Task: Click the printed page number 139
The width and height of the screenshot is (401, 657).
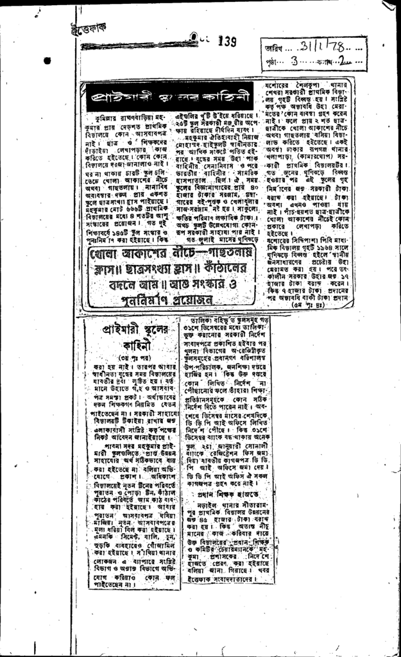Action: (227, 42)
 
